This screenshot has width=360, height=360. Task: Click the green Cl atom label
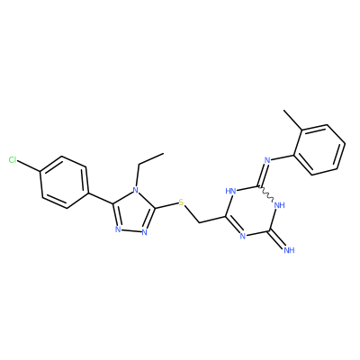(13, 160)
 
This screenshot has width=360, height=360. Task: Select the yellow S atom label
(181, 202)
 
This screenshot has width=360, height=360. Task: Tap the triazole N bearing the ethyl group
(136, 190)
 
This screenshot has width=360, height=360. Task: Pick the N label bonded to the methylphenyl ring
(267, 160)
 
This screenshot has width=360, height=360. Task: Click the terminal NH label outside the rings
(289, 250)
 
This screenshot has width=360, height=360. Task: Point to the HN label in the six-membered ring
(230, 191)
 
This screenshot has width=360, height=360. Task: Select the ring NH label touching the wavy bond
(279, 205)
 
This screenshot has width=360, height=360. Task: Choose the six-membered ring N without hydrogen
(243, 236)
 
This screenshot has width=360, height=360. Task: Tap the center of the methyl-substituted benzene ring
(319, 149)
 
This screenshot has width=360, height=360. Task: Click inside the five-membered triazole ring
(134, 212)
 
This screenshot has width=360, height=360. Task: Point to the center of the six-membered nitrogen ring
(252, 211)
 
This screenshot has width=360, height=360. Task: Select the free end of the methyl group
(284, 111)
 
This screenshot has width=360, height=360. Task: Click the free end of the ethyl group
(164, 154)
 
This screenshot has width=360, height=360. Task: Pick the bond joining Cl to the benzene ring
(29, 166)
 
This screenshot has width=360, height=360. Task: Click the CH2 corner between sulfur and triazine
(200, 223)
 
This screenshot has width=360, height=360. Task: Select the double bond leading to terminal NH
(278, 239)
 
